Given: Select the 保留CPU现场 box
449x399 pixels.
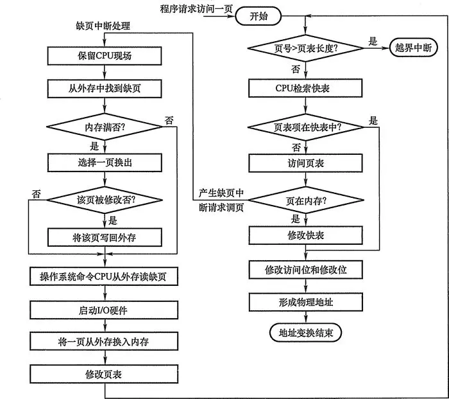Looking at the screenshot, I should pyautogui.click(x=103, y=56).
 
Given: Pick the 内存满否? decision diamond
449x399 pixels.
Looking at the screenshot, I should pyautogui.click(x=103, y=127).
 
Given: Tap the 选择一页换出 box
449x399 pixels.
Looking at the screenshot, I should pyautogui.click(x=103, y=163).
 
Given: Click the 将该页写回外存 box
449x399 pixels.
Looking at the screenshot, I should pyautogui.click(x=103, y=237).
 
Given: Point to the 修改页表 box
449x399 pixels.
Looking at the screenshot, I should pyautogui.click(x=103, y=374).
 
